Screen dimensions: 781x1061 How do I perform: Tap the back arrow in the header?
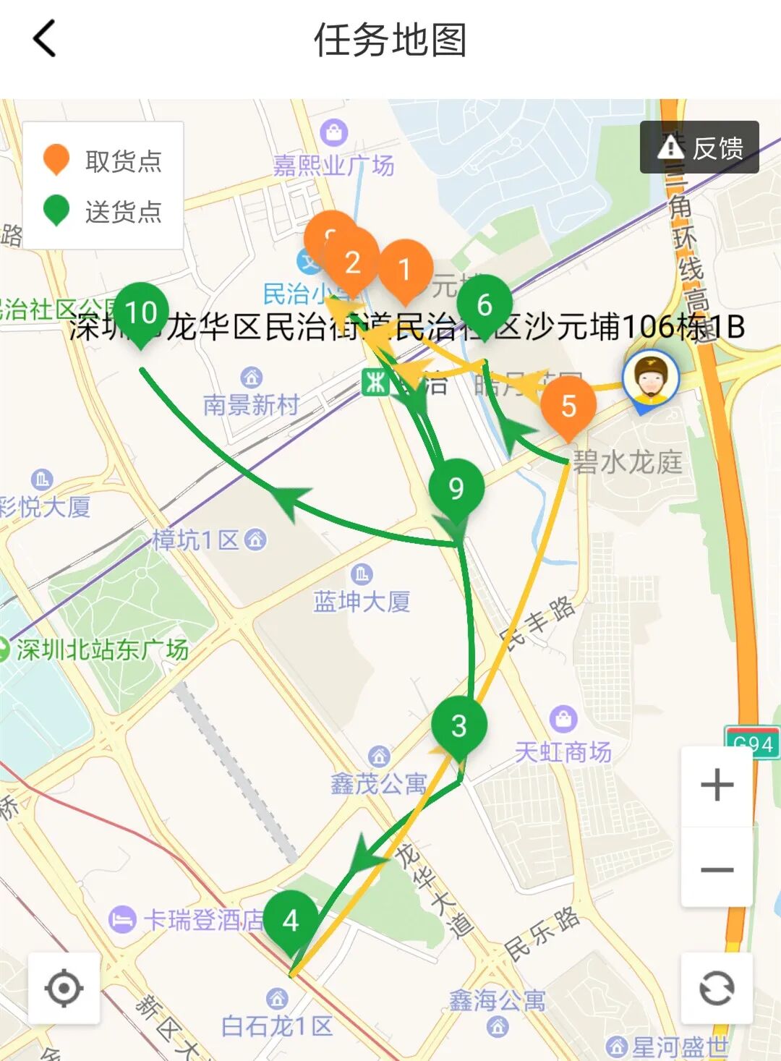point(44,38)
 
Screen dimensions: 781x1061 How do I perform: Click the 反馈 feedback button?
point(699,148)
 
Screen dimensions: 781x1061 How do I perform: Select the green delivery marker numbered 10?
point(141,313)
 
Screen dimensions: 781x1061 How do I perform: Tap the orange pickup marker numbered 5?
point(568,406)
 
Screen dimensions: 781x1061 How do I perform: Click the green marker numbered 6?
point(485,305)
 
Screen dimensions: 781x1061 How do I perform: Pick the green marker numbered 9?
point(456,489)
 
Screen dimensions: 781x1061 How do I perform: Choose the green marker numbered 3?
point(459,726)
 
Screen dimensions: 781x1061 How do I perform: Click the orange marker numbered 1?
point(405,270)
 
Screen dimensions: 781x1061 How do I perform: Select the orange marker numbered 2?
point(353,262)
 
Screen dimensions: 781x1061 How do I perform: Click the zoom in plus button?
point(717,785)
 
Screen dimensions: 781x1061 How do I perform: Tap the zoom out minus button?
point(717,869)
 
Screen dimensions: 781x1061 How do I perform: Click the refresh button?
point(717,988)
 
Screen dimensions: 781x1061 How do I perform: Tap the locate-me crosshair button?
point(64,988)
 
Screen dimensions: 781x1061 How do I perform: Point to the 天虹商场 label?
point(563,752)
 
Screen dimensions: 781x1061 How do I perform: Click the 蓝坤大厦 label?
point(362,601)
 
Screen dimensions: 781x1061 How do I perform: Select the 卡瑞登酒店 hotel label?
point(203,920)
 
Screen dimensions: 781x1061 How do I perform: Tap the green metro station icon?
point(375,382)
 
